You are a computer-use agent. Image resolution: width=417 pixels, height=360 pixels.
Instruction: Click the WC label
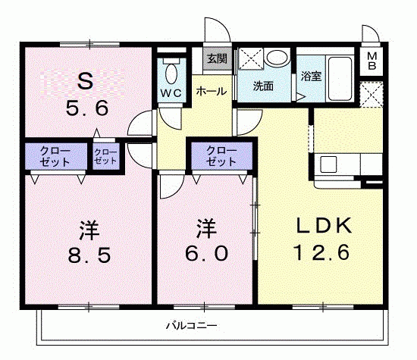pyautogui.click(x=171, y=93)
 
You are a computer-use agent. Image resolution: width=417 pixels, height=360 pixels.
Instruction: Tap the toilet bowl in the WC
pyautogui.click(x=171, y=74)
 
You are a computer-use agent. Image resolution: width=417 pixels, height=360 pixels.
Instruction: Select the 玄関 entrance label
pyautogui.click(x=217, y=58)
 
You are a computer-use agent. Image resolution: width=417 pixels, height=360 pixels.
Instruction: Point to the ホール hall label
pyautogui.click(x=212, y=92)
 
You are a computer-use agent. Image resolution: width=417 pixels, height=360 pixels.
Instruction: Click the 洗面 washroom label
pyautogui.click(x=263, y=86)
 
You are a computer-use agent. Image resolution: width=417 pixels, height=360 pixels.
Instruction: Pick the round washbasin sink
pyautogui.click(x=277, y=57)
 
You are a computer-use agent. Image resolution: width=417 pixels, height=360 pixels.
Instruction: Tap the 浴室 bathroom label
pyautogui.click(x=311, y=77)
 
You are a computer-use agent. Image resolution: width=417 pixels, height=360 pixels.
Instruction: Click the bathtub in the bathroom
pyautogui.click(x=340, y=79)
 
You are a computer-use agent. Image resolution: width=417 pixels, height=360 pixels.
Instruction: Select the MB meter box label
pyautogui.click(x=372, y=61)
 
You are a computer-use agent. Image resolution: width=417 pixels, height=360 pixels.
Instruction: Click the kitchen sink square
pyautogui.click(x=328, y=164)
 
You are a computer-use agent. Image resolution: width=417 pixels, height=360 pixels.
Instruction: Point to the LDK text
pyautogui.click(x=324, y=226)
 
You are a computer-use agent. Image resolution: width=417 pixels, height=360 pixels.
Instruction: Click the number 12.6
pyautogui.click(x=321, y=252)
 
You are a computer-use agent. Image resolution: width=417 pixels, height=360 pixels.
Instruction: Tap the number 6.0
pyautogui.click(x=207, y=253)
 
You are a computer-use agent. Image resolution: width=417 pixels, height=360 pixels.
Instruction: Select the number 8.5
pyautogui.click(x=89, y=255)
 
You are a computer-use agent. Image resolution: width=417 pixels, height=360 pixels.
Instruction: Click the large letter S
pyautogui.click(x=86, y=81)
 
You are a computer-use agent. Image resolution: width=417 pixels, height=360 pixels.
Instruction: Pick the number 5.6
pyautogui.click(x=87, y=108)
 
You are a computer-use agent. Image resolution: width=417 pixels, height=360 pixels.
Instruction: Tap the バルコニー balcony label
pyautogui.click(x=192, y=325)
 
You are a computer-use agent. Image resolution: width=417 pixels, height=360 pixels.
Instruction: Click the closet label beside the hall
pyautogui.click(x=221, y=156)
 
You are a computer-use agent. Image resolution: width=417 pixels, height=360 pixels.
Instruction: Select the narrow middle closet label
pyautogui.click(x=105, y=156)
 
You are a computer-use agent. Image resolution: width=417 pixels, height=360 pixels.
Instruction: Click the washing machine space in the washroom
pyautogui.click(x=250, y=59)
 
